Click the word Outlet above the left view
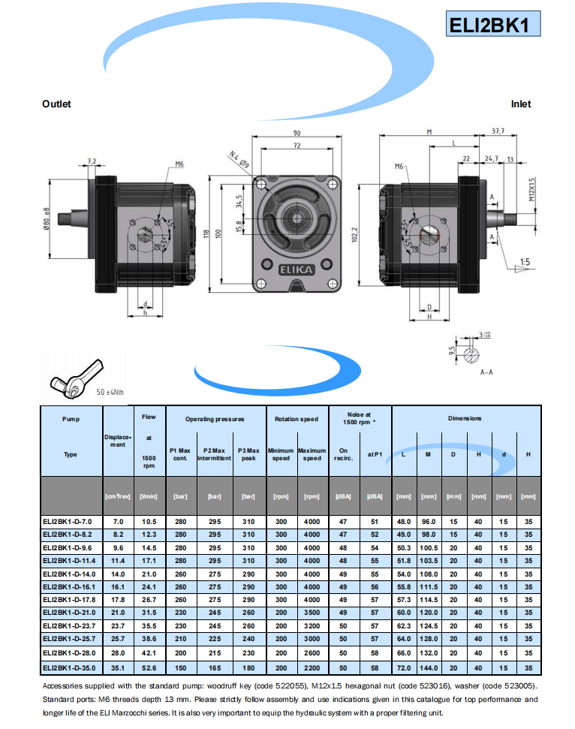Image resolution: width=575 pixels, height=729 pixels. click(x=56, y=104)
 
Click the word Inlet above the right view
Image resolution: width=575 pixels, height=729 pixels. click(x=521, y=104)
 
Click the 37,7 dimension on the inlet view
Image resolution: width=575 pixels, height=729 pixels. click(x=498, y=131)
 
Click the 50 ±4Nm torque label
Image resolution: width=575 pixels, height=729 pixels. click(x=110, y=392)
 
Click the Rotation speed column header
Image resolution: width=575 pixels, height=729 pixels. click(x=296, y=419)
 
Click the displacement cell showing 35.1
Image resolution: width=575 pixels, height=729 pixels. click(x=118, y=667)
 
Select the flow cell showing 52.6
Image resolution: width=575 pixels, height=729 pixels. click(x=148, y=667)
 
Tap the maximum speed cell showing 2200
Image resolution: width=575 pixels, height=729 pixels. click(x=312, y=667)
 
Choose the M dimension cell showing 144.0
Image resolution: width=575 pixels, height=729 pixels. click(x=429, y=667)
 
